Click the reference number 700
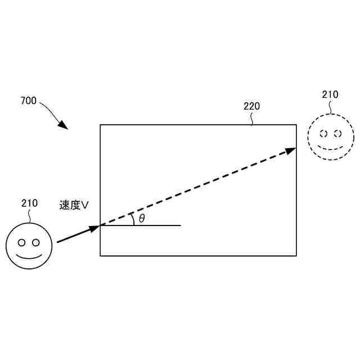[28, 101]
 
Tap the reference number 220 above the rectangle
[251, 106]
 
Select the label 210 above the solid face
[29, 203]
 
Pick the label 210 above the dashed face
[330, 94]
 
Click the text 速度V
[74, 205]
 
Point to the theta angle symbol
[142, 218]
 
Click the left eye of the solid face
[22, 243]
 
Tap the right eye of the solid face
[36, 243]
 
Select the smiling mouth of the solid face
[29, 258]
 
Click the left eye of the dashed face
[323, 134]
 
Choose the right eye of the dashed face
[337, 134]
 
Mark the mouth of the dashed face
[331, 148]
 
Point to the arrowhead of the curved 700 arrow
[64, 125]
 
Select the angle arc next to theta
[132, 219]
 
